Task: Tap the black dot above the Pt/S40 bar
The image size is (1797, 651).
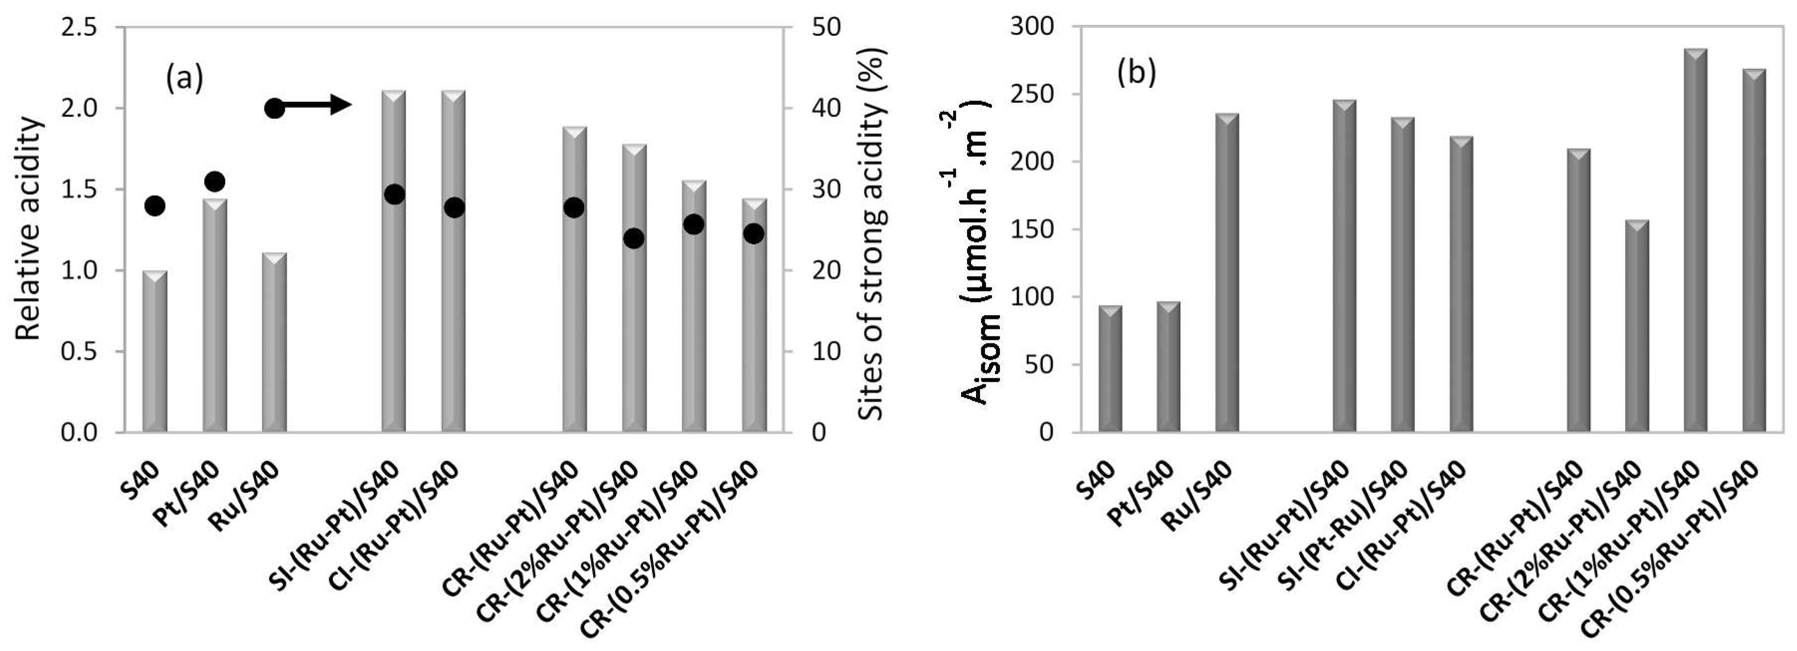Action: [x=215, y=181]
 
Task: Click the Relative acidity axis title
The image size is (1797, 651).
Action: [x=29, y=229]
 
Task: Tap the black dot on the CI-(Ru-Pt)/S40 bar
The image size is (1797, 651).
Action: [x=454, y=207]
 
